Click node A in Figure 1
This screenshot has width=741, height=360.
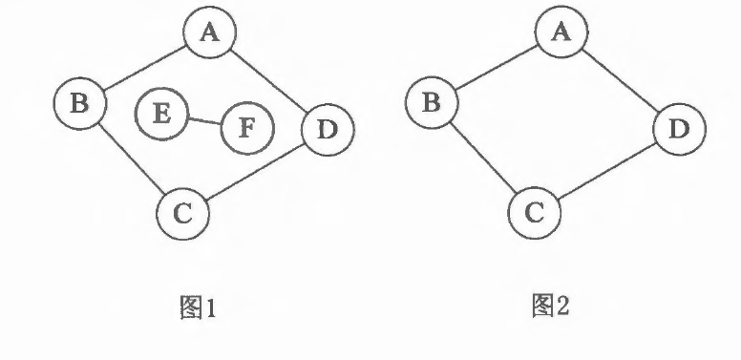209,32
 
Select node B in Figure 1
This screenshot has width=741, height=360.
80,103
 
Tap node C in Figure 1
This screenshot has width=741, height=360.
183,214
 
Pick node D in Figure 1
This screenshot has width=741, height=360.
328,130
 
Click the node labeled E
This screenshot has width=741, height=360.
161,114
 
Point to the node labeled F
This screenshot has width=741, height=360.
247,128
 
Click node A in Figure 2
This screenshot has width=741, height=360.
561,32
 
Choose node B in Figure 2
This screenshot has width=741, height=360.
432,102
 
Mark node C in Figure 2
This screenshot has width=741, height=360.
535,213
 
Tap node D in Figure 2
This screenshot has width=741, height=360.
679,130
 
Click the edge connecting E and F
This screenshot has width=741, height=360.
204,121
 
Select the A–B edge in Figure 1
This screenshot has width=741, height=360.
144,68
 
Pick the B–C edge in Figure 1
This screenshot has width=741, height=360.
133,159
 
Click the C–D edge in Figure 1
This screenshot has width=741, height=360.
255,172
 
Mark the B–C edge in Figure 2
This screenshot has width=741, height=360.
484,158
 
